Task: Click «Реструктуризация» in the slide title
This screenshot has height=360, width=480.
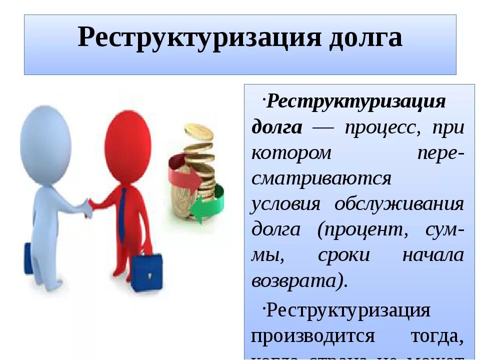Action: pyautogui.click(x=198, y=38)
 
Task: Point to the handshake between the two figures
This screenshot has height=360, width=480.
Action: pyautogui.click(x=89, y=206)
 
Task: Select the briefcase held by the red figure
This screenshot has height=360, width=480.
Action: pyautogui.click(x=146, y=272)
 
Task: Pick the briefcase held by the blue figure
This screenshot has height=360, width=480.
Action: pyautogui.click(x=28, y=257)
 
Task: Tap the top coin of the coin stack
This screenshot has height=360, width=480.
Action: pyautogui.click(x=198, y=131)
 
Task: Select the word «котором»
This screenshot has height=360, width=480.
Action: pyautogui.click(x=291, y=153)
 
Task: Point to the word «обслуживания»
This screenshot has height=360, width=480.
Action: pyautogui.click(x=399, y=204)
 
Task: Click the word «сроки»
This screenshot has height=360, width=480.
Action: pyautogui.click(x=343, y=255)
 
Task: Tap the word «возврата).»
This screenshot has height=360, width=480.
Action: pyautogui.click(x=299, y=281)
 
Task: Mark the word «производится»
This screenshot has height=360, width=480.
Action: pyautogui.click(x=312, y=335)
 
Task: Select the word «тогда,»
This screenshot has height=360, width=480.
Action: pyautogui.click(x=436, y=335)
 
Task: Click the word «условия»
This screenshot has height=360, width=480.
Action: pyautogui.click(x=285, y=204)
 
